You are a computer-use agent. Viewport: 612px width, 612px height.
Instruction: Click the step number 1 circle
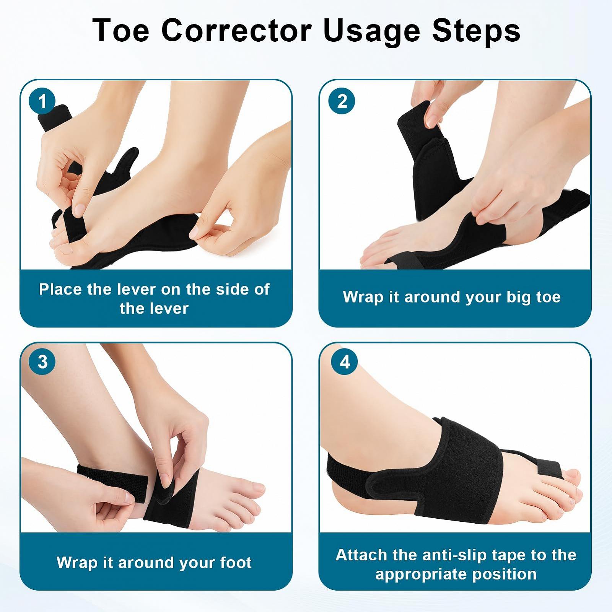42,101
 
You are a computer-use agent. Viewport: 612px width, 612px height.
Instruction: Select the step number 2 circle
342,101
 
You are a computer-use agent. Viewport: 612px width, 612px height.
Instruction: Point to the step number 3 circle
42,361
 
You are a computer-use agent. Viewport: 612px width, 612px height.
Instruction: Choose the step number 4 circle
345,361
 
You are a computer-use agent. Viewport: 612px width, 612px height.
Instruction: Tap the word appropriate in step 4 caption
421,575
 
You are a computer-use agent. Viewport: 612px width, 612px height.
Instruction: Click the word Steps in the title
476,31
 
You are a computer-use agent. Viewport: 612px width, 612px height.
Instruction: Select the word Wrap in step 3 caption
77,563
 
